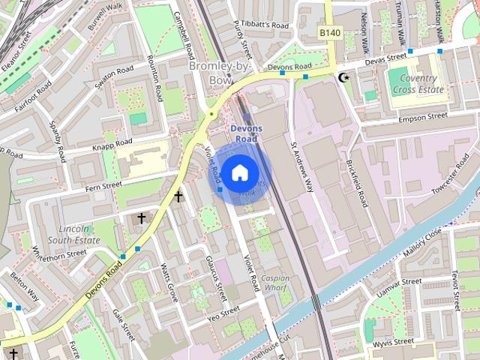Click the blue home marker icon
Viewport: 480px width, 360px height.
coord(239,173)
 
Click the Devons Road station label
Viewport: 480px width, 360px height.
coord(246,133)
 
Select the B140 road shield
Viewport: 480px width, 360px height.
coord(328,33)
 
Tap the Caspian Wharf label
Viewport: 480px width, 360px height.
coord(275,283)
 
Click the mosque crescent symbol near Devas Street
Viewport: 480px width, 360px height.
coord(344,77)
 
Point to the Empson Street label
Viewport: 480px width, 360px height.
coord(422,118)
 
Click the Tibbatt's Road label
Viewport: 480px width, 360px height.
coord(261,25)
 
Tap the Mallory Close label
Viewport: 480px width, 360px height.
coord(424,244)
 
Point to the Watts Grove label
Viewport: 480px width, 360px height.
coord(169,283)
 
